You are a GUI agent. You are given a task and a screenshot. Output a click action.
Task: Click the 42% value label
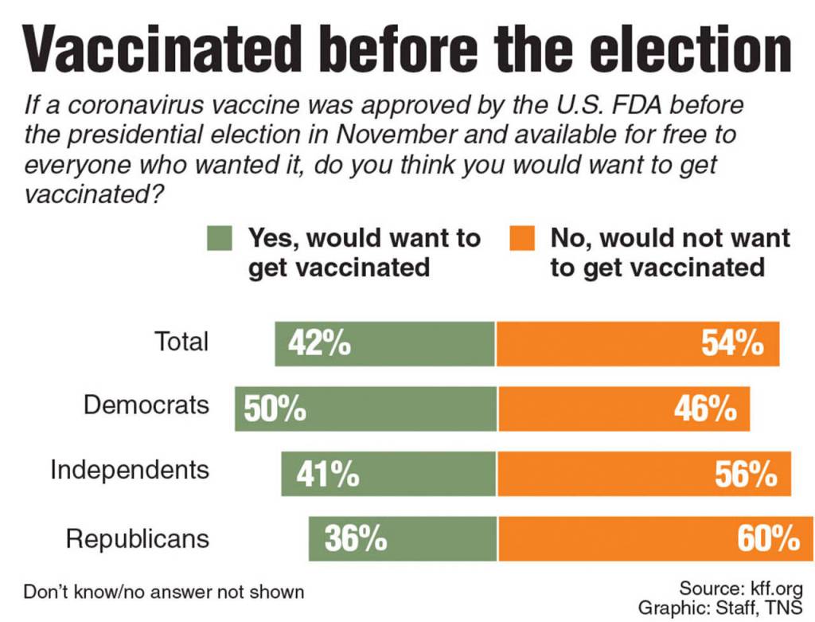pos(323,343)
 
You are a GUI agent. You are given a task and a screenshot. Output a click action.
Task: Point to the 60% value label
pos(768,538)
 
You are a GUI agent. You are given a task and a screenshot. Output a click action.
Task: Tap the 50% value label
pos(275,409)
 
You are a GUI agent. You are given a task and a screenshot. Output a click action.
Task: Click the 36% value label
pos(355,538)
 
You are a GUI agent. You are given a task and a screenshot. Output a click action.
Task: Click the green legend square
pos(219,238)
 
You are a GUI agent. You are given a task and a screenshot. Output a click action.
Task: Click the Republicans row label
pos(137,538)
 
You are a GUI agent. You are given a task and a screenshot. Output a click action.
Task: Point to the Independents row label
pos(130,469)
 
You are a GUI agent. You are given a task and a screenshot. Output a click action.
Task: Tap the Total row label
pos(181,341)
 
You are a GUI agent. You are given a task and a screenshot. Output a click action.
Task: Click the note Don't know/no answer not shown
pos(164,592)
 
